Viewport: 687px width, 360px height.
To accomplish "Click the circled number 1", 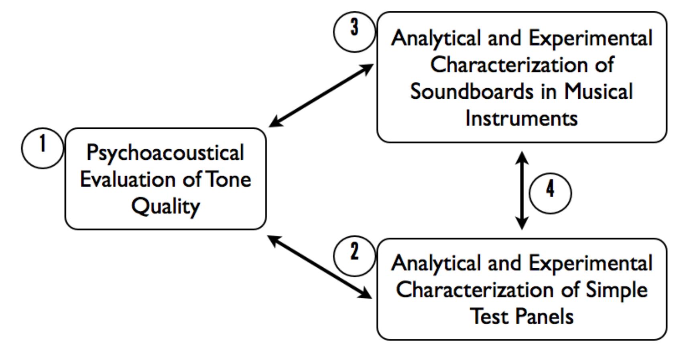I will click(42, 148).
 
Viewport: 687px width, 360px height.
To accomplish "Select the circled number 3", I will click(354, 31).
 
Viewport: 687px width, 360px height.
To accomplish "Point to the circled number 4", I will click(550, 193).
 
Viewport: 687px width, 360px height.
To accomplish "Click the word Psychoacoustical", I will click(165, 153).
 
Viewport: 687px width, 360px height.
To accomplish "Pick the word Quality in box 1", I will click(165, 207).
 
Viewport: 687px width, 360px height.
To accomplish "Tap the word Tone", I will click(228, 179).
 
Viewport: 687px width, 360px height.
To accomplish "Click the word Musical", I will click(598, 92).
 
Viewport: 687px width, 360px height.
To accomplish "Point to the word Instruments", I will click(521, 118).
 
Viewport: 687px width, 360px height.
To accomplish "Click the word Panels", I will click(544, 316).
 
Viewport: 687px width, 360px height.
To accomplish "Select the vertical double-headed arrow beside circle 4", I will click(522, 190).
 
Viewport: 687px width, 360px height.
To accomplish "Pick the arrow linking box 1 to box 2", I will click(319, 267).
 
